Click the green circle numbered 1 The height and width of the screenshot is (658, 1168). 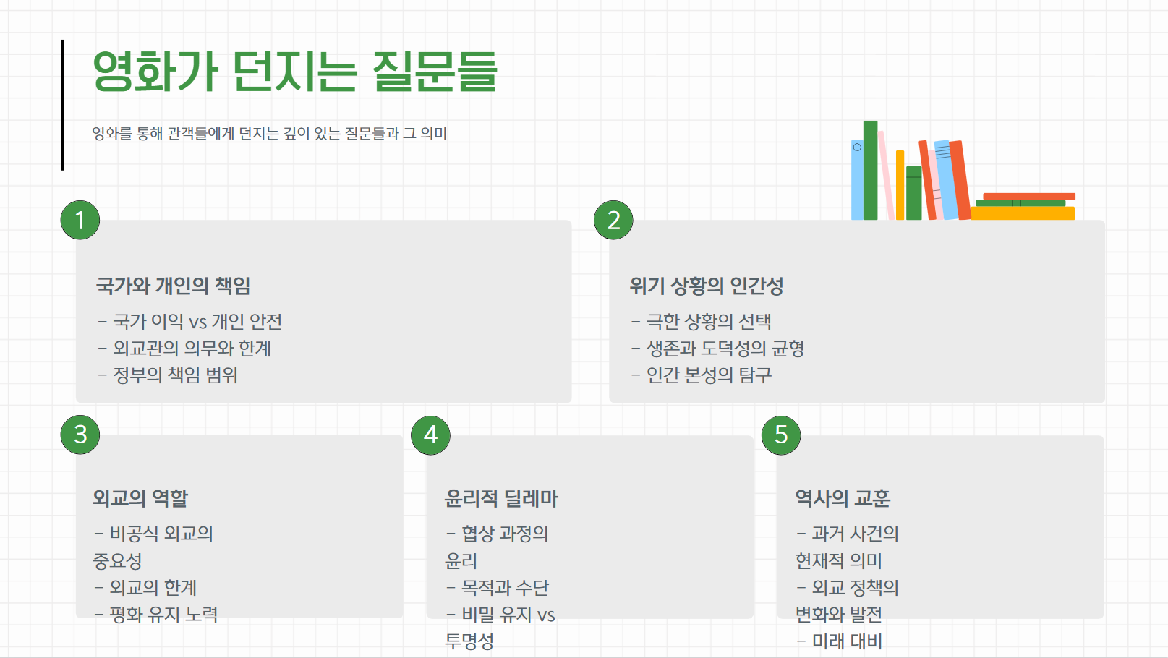80,220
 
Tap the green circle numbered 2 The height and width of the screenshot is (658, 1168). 613,220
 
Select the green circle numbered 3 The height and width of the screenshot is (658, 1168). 80,435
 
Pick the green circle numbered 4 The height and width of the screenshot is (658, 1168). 430,435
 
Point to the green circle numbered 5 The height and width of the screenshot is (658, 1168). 781,435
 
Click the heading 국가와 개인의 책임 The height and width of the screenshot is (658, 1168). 173,286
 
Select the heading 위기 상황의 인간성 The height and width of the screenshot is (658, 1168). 706,286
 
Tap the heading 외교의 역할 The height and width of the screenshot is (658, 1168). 140,498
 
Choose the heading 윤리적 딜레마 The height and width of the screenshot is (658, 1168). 501,498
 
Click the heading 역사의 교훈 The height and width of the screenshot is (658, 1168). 843,498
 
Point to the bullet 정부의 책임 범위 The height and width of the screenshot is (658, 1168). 175,375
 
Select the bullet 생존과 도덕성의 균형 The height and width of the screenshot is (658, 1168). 725,349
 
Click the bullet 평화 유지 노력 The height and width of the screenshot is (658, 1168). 163,615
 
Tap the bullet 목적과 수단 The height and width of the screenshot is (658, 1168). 505,588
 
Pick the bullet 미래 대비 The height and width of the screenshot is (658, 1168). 847,641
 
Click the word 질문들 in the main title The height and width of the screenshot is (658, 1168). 434,72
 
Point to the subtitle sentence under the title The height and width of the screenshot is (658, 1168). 269,134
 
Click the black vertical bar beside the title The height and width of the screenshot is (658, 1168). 62,105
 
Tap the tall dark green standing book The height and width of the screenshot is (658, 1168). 870,170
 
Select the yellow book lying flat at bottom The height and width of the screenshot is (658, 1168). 1023,213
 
